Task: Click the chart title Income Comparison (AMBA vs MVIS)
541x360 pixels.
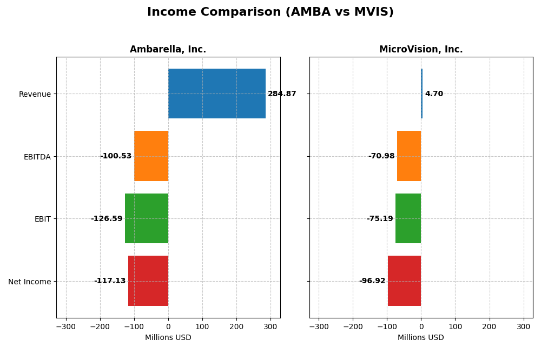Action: tap(270, 12)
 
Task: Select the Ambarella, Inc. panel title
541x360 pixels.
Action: tap(168, 50)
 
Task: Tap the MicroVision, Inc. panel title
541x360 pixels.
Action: tap(421, 50)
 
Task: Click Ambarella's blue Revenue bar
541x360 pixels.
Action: tap(216, 94)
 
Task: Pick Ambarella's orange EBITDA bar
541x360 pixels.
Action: tap(151, 156)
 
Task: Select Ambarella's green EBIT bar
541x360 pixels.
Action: tap(147, 218)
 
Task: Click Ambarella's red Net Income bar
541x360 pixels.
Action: tap(148, 281)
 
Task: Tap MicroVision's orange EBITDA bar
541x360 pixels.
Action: tap(409, 156)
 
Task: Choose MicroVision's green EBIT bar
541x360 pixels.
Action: tap(408, 218)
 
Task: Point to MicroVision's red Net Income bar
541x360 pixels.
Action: tap(405, 281)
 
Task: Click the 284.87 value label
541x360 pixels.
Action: tap(282, 94)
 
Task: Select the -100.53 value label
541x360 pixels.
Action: tap(116, 156)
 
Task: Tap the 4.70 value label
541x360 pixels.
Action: tap(434, 94)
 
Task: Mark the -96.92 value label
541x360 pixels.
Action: tap(372, 281)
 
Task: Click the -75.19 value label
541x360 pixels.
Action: tap(380, 219)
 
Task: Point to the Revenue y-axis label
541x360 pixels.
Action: tap(35, 95)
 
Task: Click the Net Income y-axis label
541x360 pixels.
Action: tap(30, 282)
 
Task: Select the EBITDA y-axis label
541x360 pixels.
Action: tap(37, 157)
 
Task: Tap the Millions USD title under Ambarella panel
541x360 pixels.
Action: tap(168, 338)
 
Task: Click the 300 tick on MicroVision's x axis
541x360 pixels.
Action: tap(523, 327)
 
